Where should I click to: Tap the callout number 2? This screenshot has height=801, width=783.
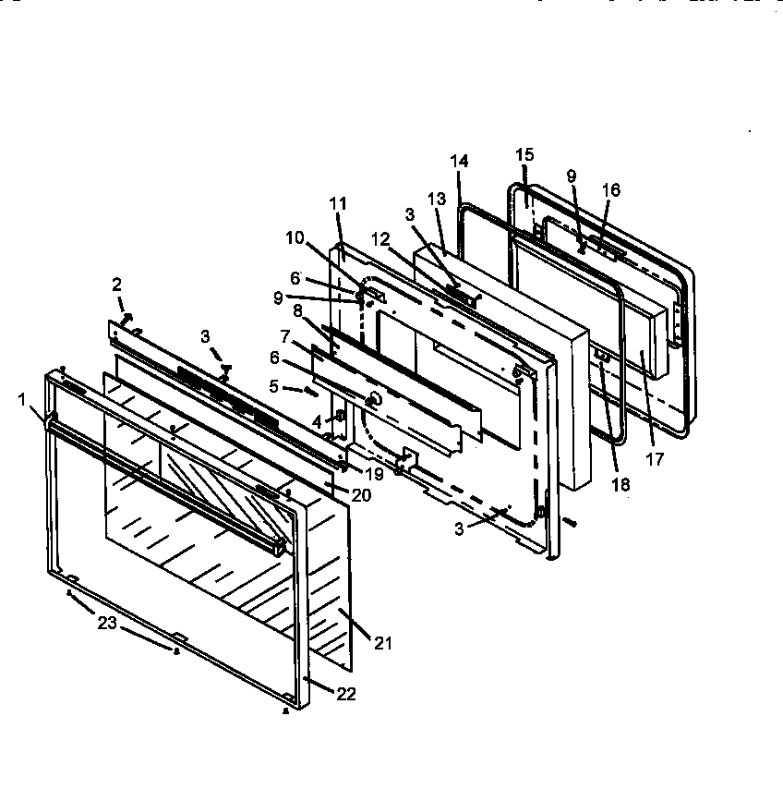[x=117, y=284]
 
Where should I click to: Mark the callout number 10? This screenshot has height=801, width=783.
[x=295, y=237]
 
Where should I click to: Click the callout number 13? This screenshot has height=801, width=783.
[x=437, y=200]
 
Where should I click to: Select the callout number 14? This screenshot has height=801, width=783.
[x=460, y=161]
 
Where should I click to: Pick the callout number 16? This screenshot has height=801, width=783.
[x=610, y=191]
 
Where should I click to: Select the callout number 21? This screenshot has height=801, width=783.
[x=382, y=642]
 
